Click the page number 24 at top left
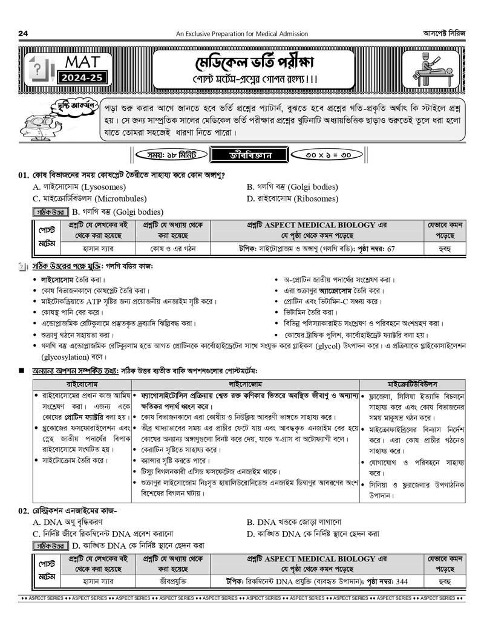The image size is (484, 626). tap(24, 33)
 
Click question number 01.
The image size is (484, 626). tap(24, 175)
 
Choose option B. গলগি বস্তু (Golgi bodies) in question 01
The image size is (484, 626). tap(292, 187)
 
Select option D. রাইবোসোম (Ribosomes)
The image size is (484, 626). tap(292, 198)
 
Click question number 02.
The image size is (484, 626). tap(24, 511)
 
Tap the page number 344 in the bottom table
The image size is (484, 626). tap(401, 581)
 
